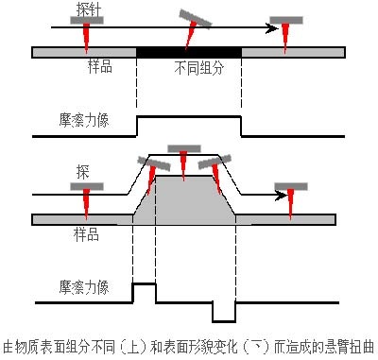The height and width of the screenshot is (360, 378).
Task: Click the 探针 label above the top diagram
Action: tap(89, 9)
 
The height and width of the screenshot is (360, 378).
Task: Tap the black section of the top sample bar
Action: tap(189, 52)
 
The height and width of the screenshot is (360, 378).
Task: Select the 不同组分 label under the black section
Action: tap(199, 68)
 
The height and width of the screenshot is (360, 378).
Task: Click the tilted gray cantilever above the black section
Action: tap(196, 19)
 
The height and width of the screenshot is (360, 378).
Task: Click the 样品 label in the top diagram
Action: tap(100, 67)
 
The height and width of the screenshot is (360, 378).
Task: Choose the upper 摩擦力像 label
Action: tap(84, 120)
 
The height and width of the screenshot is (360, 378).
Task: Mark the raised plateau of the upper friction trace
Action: tap(189, 117)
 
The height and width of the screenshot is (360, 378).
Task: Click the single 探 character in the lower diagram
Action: tap(83, 172)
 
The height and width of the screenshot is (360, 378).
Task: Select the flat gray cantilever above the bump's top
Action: tap(184, 148)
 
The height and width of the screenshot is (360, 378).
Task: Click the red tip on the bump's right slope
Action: tap(216, 179)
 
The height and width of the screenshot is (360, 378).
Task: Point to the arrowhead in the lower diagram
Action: tap(282, 196)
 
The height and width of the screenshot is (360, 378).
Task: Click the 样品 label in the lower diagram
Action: tap(86, 234)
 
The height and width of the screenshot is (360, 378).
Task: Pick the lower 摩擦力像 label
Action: tap(84, 287)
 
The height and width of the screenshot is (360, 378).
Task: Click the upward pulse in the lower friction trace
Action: tap(144, 284)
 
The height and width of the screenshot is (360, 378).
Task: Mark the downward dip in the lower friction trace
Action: tap(224, 321)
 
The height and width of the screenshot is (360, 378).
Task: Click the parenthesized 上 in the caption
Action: tap(133, 347)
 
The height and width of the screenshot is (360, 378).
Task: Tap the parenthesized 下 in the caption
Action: tap(256, 347)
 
